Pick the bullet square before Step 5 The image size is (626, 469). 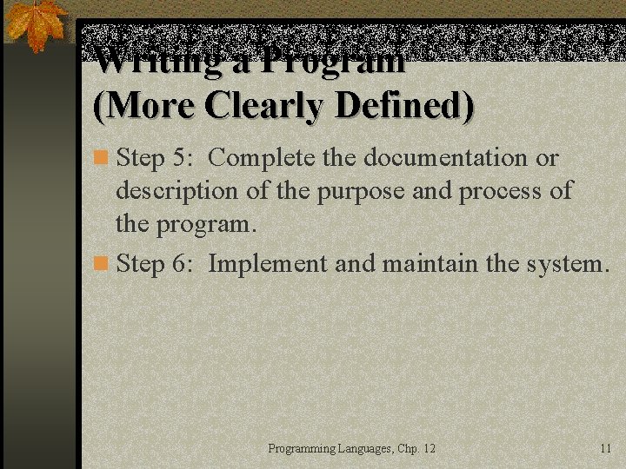point(101,159)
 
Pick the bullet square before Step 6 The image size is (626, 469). point(101,263)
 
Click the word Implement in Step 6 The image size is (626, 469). point(267,263)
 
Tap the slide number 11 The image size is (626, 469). point(606,448)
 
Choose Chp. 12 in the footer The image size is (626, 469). point(416,449)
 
